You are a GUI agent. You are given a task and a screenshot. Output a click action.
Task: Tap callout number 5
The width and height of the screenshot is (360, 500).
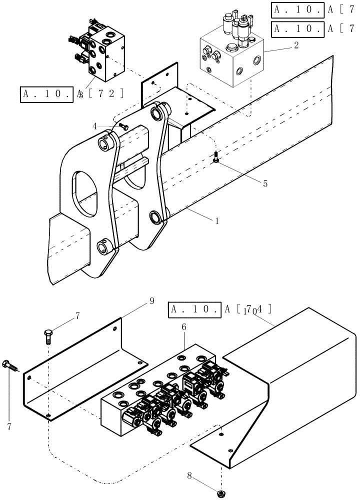tap(265, 183)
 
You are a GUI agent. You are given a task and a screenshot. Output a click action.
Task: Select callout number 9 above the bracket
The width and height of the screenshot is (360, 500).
tap(152, 301)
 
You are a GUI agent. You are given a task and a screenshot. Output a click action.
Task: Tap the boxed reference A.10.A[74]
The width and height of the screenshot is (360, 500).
tap(220, 310)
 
